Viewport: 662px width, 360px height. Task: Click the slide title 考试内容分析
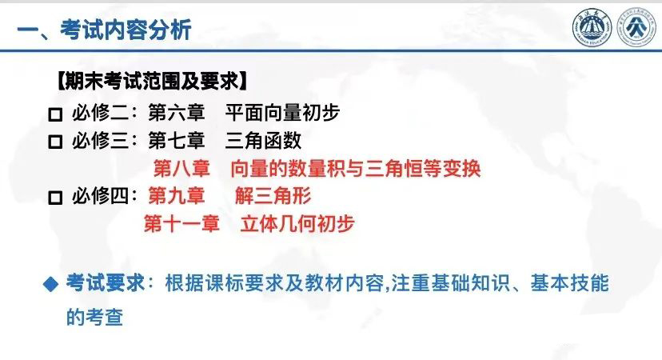(x=126, y=30)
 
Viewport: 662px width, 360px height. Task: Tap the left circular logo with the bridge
(x=592, y=28)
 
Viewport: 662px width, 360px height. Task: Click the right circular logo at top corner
(x=636, y=28)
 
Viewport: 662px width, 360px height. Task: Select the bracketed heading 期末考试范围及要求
(x=152, y=81)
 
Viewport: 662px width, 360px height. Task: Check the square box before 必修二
(x=55, y=114)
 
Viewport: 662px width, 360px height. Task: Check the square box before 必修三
(x=55, y=142)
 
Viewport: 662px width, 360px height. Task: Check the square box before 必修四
(x=55, y=198)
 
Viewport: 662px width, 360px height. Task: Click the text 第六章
(x=177, y=113)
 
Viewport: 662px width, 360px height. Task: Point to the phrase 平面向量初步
(x=282, y=113)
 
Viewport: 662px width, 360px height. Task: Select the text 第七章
(x=177, y=140)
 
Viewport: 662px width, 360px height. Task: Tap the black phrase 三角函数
(x=263, y=140)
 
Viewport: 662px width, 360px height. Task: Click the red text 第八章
(x=181, y=168)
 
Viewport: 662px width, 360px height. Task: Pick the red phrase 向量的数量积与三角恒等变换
(x=356, y=168)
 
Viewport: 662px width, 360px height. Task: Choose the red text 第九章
(x=177, y=196)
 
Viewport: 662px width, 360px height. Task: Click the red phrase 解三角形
(x=273, y=196)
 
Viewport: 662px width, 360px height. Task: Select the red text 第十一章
(x=181, y=223)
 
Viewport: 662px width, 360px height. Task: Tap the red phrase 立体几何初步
(x=297, y=223)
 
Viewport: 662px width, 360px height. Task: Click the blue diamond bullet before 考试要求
(x=50, y=284)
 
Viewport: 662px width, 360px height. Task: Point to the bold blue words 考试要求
(x=105, y=283)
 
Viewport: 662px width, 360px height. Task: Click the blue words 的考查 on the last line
(x=94, y=318)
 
